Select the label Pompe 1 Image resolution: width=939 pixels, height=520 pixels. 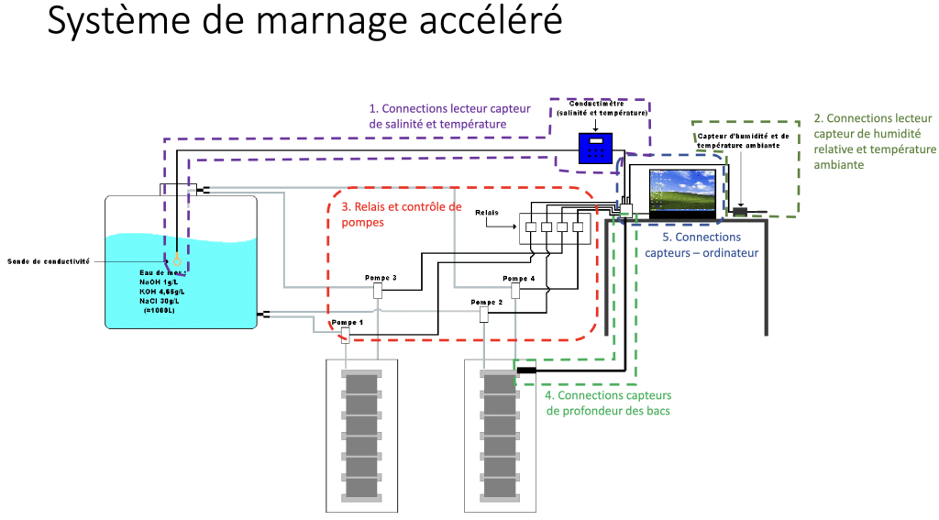tap(348, 323)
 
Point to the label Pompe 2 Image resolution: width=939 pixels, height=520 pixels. tap(487, 302)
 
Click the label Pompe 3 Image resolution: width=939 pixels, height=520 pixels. tap(381, 278)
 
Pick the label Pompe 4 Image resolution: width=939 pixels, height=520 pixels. tap(518, 278)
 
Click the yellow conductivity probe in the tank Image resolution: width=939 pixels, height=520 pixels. tap(177, 260)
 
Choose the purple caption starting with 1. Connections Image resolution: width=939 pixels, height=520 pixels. tap(437, 116)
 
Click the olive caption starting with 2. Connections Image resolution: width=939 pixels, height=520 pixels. tap(875, 141)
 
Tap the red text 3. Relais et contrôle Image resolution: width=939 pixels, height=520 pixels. tap(402, 214)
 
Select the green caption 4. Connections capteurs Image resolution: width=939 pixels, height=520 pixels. tap(608, 403)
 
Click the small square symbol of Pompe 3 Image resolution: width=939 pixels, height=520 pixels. tap(378, 291)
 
